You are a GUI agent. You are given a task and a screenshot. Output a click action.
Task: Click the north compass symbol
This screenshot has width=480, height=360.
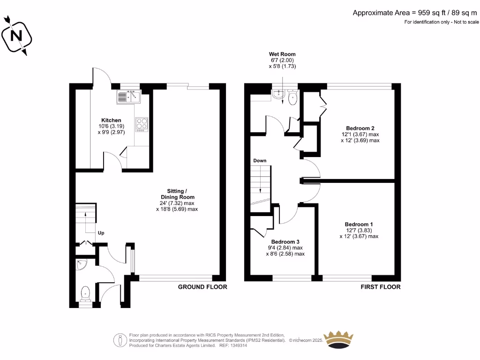tap(17, 36)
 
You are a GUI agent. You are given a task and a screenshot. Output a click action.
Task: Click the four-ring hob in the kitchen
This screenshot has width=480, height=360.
tap(142, 124)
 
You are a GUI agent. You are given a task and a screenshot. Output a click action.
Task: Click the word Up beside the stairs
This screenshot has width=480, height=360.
tap(101, 232)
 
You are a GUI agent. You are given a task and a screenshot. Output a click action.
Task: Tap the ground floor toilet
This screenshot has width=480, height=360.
tap(85, 294)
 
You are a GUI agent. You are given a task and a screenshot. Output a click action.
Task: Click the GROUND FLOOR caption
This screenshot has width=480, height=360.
tap(202, 287)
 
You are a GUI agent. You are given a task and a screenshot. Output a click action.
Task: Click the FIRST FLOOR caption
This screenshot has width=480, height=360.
tap(381, 287)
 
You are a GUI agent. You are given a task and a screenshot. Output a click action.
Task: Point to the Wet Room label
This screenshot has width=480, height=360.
tap(282, 54)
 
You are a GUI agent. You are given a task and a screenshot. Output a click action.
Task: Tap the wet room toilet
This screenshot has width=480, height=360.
tap(292, 97)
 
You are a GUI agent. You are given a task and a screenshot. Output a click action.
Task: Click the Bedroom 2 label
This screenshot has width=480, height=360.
tap(360, 128)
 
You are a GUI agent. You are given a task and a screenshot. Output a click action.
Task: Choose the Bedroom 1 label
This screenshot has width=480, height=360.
tap(359, 224)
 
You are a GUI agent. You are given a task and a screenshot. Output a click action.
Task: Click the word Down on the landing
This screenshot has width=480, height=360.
tap(260, 161)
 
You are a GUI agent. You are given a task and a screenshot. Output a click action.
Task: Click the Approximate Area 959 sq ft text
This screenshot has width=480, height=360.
tap(415, 13)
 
